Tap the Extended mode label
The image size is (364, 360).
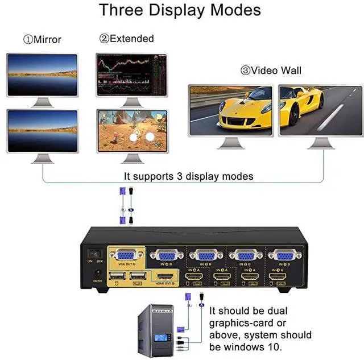coord(131,39)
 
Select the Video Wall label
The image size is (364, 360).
coord(275,71)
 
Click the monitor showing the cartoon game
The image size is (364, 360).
coord(131,131)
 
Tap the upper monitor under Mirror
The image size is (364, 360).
coord(42,75)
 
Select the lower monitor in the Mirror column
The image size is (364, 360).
coord(42,131)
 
